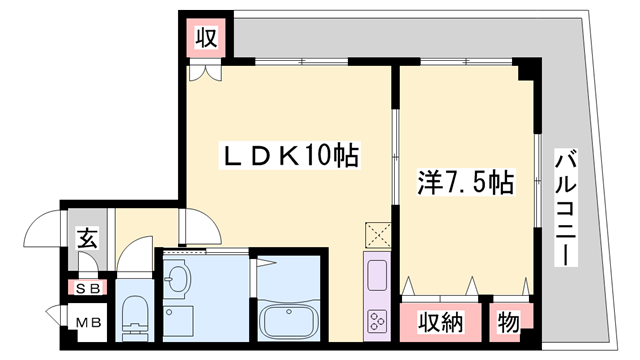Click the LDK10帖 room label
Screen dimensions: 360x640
click(290, 157)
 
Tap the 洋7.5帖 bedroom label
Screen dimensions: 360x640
click(465, 183)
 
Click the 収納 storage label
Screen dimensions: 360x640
click(440, 322)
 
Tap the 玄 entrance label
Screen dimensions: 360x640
click(87, 239)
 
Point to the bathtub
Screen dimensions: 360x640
click(287, 321)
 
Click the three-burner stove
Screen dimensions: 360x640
click(379, 321)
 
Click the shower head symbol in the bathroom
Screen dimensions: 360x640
click(268, 263)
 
